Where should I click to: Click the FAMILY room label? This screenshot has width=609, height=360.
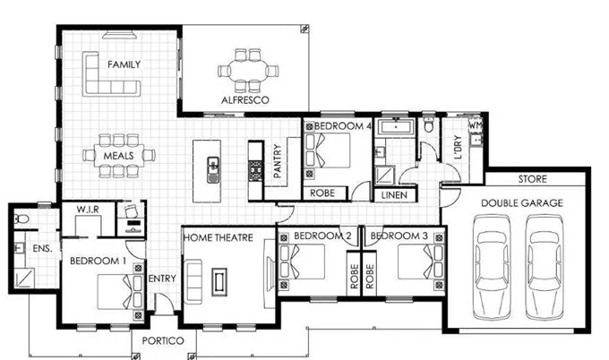pyautogui.click(x=123, y=64)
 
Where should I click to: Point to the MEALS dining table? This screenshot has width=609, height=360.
pyautogui.click(x=119, y=156)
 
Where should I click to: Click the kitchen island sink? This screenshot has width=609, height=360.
pyautogui.click(x=214, y=167)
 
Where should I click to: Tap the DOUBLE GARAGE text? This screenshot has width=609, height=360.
pyautogui.click(x=521, y=203)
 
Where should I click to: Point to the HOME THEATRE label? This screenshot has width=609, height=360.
pyautogui.click(x=217, y=237)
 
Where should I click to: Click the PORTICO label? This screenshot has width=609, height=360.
pyautogui.click(x=162, y=342)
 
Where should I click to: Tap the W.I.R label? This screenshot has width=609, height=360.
pyautogui.click(x=87, y=210)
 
